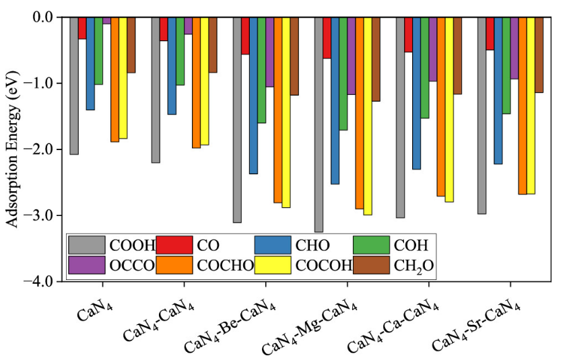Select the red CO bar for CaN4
coord(82,28)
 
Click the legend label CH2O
coord(413,266)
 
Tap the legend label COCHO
coord(226,266)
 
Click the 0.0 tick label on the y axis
coord(46,17)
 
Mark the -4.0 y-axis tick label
coord(45,282)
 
